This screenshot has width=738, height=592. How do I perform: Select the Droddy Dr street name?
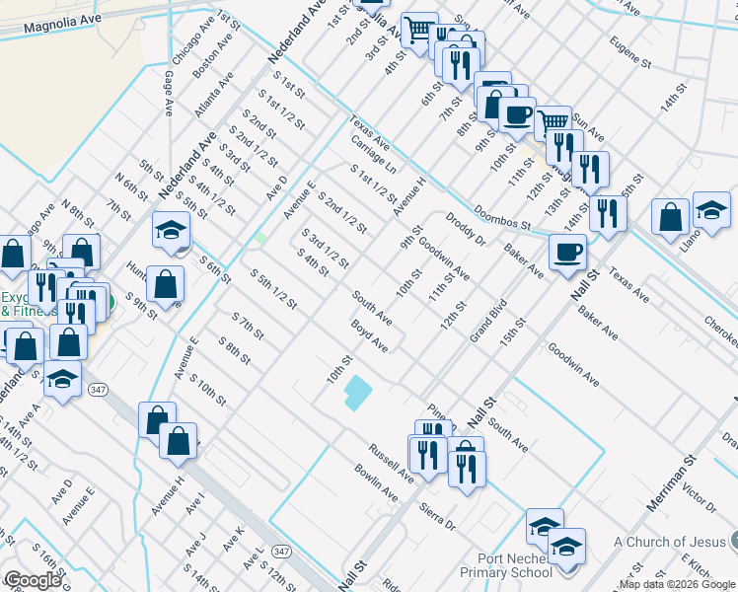point(466,229)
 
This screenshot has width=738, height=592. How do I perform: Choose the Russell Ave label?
point(391,461)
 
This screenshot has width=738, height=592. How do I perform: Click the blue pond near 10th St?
point(357,395)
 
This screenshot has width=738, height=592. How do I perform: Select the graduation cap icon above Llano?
point(711,209)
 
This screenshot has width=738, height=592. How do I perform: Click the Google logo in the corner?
point(32,581)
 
